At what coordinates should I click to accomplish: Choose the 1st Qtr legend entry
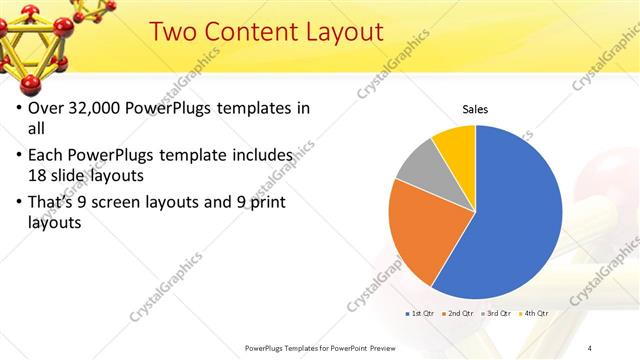click(421, 313)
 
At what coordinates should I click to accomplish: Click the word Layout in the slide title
click(340, 32)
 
